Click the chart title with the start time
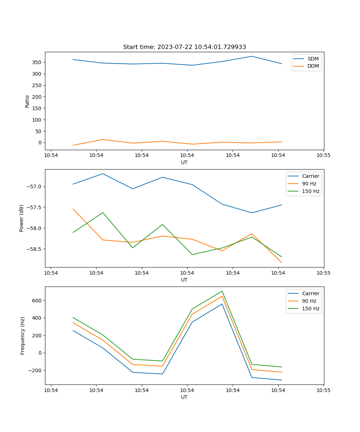tap(184, 47)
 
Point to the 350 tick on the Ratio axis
tap(37, 62)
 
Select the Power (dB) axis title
tap(22, 218)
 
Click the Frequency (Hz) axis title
tap(23, 336)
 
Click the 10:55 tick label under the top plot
tap(323, 156)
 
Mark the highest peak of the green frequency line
tap(222, 291)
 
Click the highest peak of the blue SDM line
tap(252, 56)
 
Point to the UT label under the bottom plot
tap(184, 397)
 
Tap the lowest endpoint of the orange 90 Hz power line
tap(282, 263)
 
